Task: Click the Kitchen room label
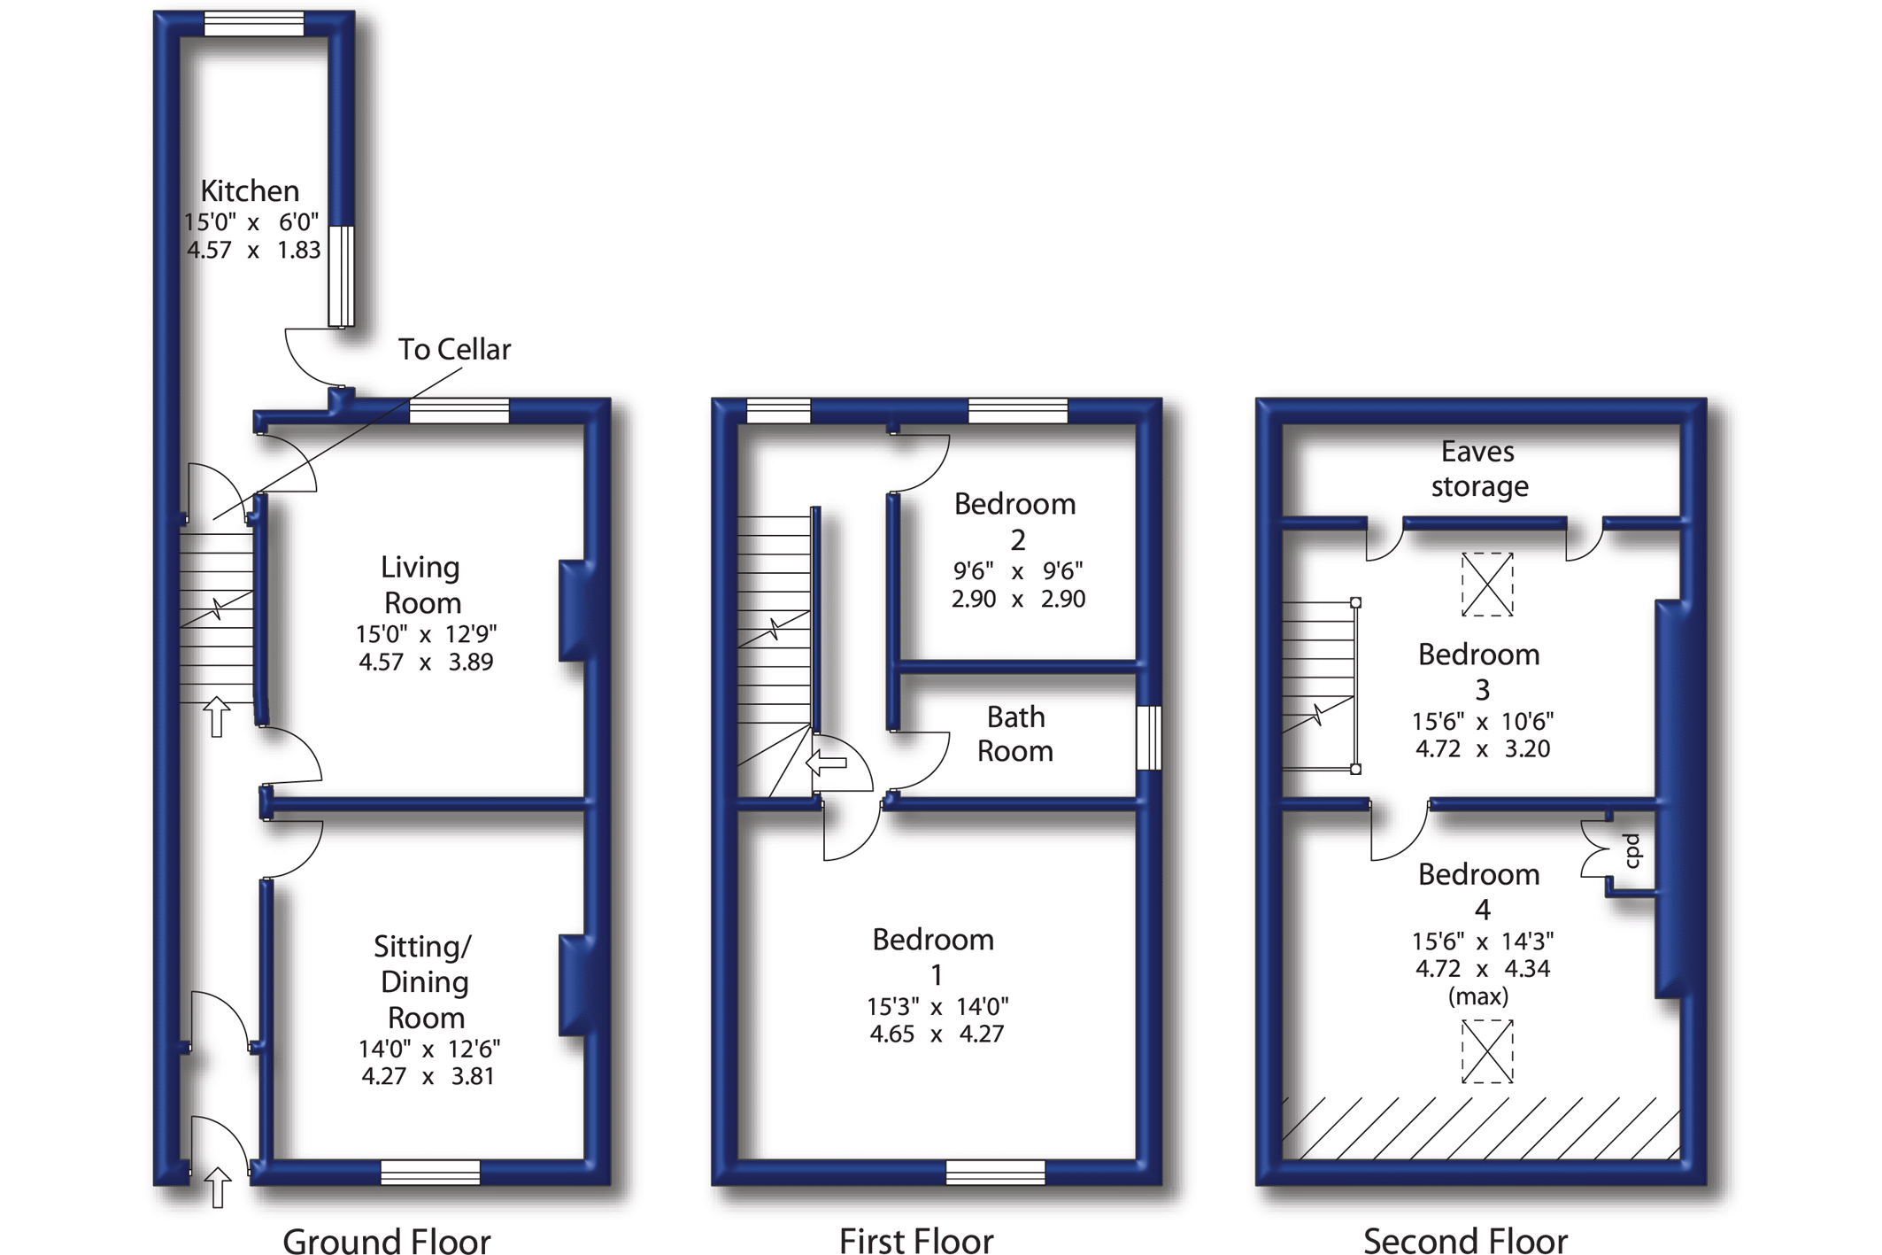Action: (x=250, y=190)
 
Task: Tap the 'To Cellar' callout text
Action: (x=454, y=350)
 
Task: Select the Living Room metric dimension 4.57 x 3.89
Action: (x=426, y=662)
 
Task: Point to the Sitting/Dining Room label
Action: (x=424, y=981)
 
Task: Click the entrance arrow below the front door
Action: (x=218, y=1187)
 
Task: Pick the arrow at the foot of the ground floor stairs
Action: (x=217, y=716)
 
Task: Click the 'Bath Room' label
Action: (x=1015, y=734)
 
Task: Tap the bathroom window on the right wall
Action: (x=1148, y=737)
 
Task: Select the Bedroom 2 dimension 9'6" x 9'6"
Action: (x=1018, y=571)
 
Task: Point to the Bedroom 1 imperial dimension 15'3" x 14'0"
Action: (x=937, y=1007)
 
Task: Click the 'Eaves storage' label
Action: (x=1478, y=469)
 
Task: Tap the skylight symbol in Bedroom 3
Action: (x=1487, y=585)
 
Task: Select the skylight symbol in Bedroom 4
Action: (x=1487, y=1051)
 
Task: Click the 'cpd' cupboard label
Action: (x=1631, y=850)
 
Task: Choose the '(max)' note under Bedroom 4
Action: (x=1478, y=997)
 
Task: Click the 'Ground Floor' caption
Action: (x=387, y=1241)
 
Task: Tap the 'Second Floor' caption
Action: (x=1465, y=1241)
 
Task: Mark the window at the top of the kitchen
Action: (x=254, y=24)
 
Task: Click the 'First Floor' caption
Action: (x=916, y=1241)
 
